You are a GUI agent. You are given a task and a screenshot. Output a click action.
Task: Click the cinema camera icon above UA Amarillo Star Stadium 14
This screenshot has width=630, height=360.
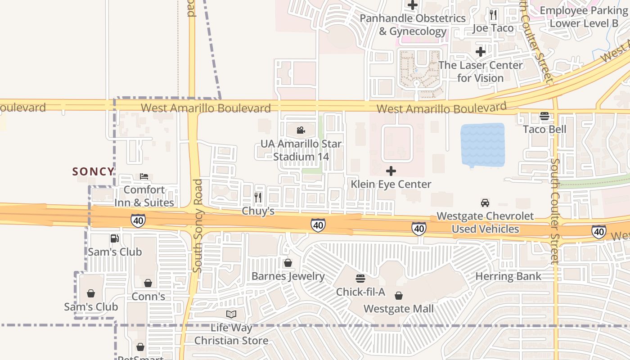(301, 130)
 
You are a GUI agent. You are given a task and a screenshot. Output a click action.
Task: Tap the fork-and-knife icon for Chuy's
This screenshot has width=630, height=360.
(258, 197)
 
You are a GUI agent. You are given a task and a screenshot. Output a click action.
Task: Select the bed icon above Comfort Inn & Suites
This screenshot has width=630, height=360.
(144, 176)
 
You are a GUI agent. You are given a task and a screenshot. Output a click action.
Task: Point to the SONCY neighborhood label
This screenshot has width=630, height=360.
(94, 171)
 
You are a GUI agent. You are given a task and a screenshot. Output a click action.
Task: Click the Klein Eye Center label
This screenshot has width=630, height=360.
(391, 184)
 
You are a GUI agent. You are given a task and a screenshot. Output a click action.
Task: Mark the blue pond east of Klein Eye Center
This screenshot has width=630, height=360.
(482, 145)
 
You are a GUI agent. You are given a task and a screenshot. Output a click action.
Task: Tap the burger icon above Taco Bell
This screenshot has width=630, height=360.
(544, 116)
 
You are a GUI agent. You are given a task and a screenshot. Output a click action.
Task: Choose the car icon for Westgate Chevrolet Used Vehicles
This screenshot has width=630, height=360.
(485, 203)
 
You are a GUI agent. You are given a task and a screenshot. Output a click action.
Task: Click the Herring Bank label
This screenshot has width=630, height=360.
(508, 276)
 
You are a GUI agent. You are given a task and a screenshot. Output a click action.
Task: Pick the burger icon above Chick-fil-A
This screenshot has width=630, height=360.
(360, 279)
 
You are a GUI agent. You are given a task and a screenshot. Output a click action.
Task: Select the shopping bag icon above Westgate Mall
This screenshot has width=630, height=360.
(398, 296)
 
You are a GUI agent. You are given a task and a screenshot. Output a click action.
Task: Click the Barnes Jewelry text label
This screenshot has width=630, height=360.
(288, 276)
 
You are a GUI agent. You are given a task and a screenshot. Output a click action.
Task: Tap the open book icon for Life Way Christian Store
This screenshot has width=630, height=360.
(231, 314)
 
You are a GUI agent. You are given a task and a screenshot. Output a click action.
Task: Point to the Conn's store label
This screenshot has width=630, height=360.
(148, 297)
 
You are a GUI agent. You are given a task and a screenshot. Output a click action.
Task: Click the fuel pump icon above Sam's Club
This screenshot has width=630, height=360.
(115, 238)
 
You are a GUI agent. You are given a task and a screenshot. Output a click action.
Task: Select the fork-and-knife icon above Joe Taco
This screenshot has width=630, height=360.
(493, 15)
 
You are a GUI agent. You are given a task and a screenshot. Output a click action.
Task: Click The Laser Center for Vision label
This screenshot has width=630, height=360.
(481, 72)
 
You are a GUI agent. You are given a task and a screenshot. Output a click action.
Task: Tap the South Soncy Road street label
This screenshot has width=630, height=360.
(198, 226)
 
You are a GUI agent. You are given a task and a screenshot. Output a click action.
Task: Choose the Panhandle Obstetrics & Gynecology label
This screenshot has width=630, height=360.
(413, 25)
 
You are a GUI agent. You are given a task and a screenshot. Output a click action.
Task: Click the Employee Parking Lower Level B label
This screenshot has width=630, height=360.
(584, 17)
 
